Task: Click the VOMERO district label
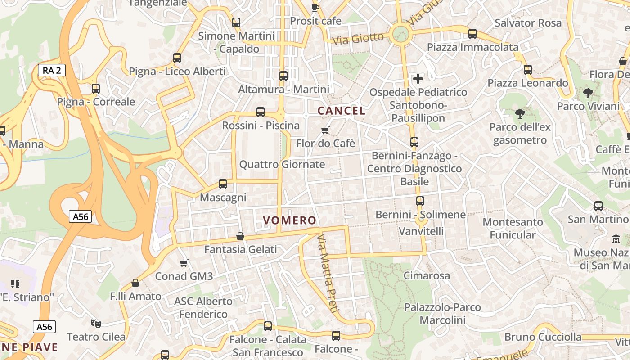(x=290, y=220)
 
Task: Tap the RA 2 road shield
(x=52, y=70)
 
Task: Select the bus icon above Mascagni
(x=222, y=184)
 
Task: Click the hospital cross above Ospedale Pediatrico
(x=418, y=79)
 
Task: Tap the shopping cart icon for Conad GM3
(x=184, y=263)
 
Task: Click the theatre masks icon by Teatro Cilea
(x=96, y=323)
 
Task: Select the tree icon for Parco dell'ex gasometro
(x=520, y=113)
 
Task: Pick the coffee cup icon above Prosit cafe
(x=315, y=7)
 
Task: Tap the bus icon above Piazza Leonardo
(x=528, y=70)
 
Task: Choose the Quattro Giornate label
(x=282, y=164)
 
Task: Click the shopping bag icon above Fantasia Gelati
(x=240, y=236)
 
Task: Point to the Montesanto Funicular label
(x=513, y=228)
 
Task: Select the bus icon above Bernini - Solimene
(x=420, y=201)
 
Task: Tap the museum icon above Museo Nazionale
(x=616, y=239)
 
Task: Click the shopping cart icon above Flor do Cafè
(x=325, y=130)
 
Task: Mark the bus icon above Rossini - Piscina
(x=261, y=112)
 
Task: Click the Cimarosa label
(x=427, y=275)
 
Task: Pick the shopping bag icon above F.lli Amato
(x=135, y=283)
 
